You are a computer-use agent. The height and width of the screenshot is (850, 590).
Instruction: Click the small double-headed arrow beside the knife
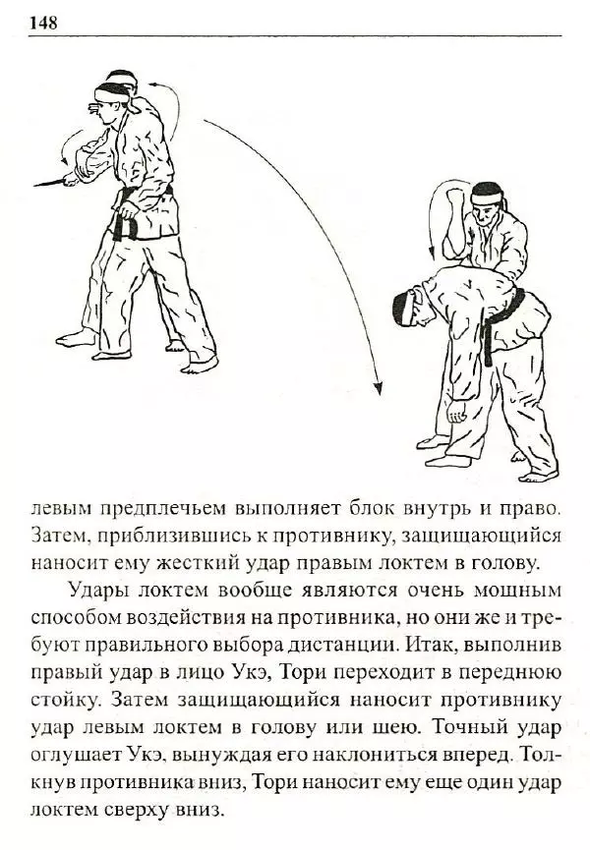[x=66, y=148]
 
